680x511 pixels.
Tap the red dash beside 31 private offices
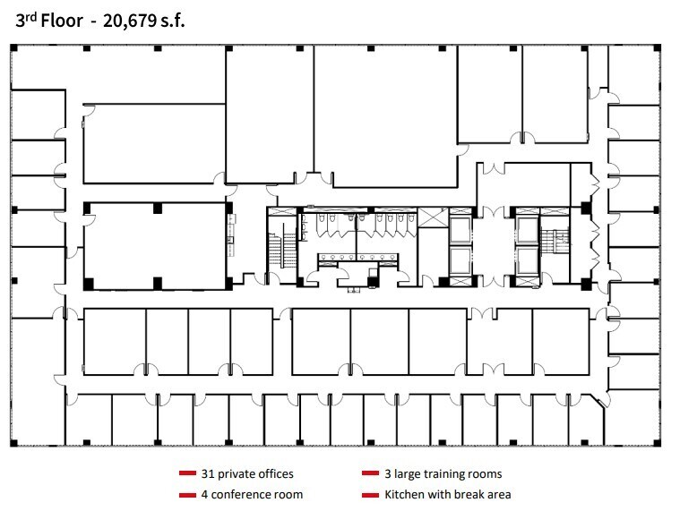pyautogui.click(x=187, y=473)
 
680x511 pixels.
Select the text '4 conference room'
pyautogui.click(x=252, y=494)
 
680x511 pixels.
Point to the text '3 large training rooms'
pyautogui.click(x=443, y=473)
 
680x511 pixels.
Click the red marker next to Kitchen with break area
pyautogui.click(x=370, y=494)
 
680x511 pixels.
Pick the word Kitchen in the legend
pyautogui.click(x=404, y=494)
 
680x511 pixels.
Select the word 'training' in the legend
pyautogui.click(x=443, y=473)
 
